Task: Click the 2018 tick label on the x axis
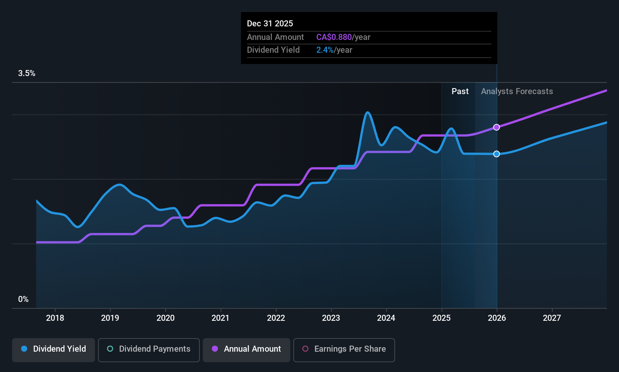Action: (55, 318)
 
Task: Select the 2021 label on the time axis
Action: (221, 318)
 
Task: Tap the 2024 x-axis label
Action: (386, 318)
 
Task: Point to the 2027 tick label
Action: (552, 318)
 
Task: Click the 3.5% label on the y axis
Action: (27, 73)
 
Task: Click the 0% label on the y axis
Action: (23, 299)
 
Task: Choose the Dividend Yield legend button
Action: (54, 349)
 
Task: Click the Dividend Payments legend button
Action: (149, 349)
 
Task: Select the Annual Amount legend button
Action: (247, 349)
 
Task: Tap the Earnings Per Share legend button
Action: (344, 349)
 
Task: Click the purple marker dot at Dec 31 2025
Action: (496, 127)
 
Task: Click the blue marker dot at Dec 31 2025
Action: (496, 154)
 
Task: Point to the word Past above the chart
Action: (460, 91)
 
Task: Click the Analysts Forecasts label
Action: (517, 91)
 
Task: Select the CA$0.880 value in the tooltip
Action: (334, 37)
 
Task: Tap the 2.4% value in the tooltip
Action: (325, 50)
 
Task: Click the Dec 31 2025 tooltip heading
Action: (270, 24)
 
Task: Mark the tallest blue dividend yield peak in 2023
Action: (368, 112)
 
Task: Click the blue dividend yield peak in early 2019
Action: (120, 184)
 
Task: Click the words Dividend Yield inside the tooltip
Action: (273, 50)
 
